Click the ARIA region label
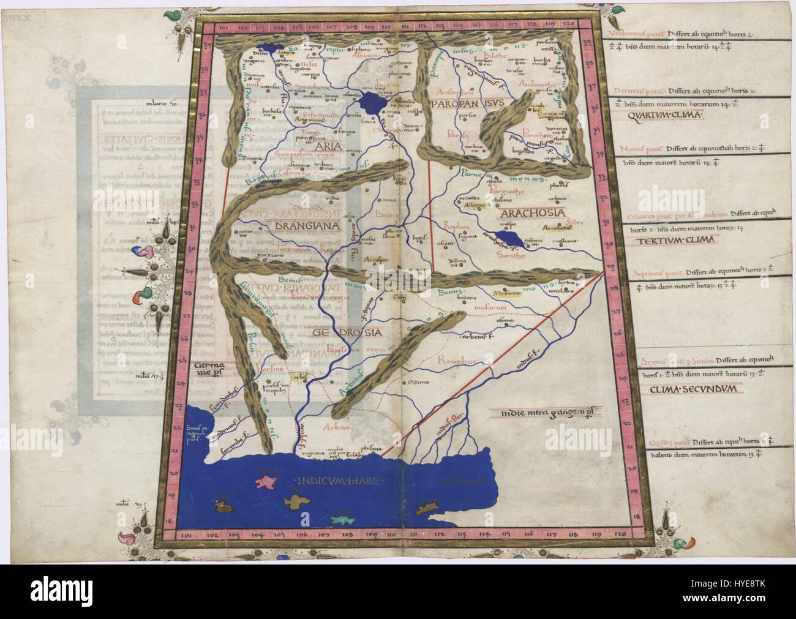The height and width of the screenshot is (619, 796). [323, 147]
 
